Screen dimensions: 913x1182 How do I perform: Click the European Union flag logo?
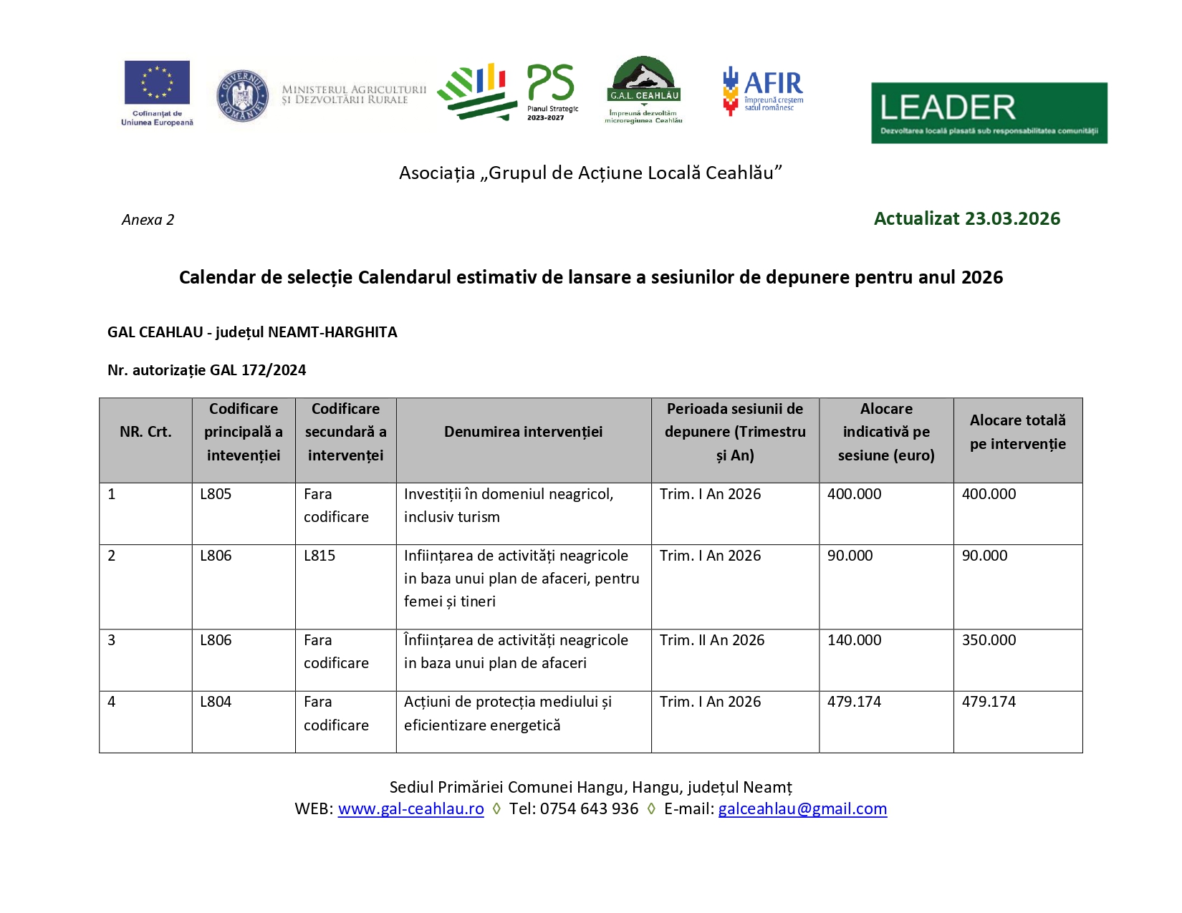[157, 82]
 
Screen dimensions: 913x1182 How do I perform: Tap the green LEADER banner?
[989, 112]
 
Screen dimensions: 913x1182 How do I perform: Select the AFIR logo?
[763, 90]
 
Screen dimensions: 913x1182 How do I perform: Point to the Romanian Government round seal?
[243, 96]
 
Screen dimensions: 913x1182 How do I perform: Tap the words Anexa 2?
[148, 220]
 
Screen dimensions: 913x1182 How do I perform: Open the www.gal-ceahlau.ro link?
[410, 809]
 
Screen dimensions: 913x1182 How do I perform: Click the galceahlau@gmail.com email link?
[802, 809]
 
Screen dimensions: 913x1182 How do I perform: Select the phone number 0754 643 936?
[589, 809]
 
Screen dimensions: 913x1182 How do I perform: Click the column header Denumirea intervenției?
[523, 432]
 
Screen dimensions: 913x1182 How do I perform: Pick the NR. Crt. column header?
[145, 432]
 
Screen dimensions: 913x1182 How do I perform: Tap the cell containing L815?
[319, 556]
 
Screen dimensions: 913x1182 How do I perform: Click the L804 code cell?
[216, 702]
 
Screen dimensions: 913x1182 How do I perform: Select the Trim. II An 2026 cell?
[712, 640]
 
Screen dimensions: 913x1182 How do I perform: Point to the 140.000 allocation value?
[854, 640]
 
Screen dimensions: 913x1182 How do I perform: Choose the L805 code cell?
[216, 494]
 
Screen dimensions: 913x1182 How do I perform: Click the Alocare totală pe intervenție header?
[1017, 432]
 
